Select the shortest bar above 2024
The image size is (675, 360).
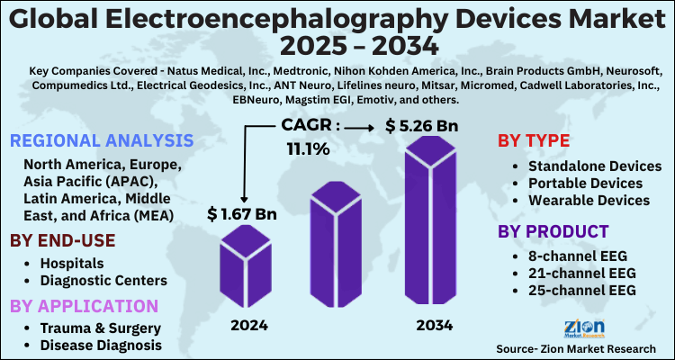[245, 267]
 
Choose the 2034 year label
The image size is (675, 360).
[433, 324]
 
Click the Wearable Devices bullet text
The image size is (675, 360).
[590, 200]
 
